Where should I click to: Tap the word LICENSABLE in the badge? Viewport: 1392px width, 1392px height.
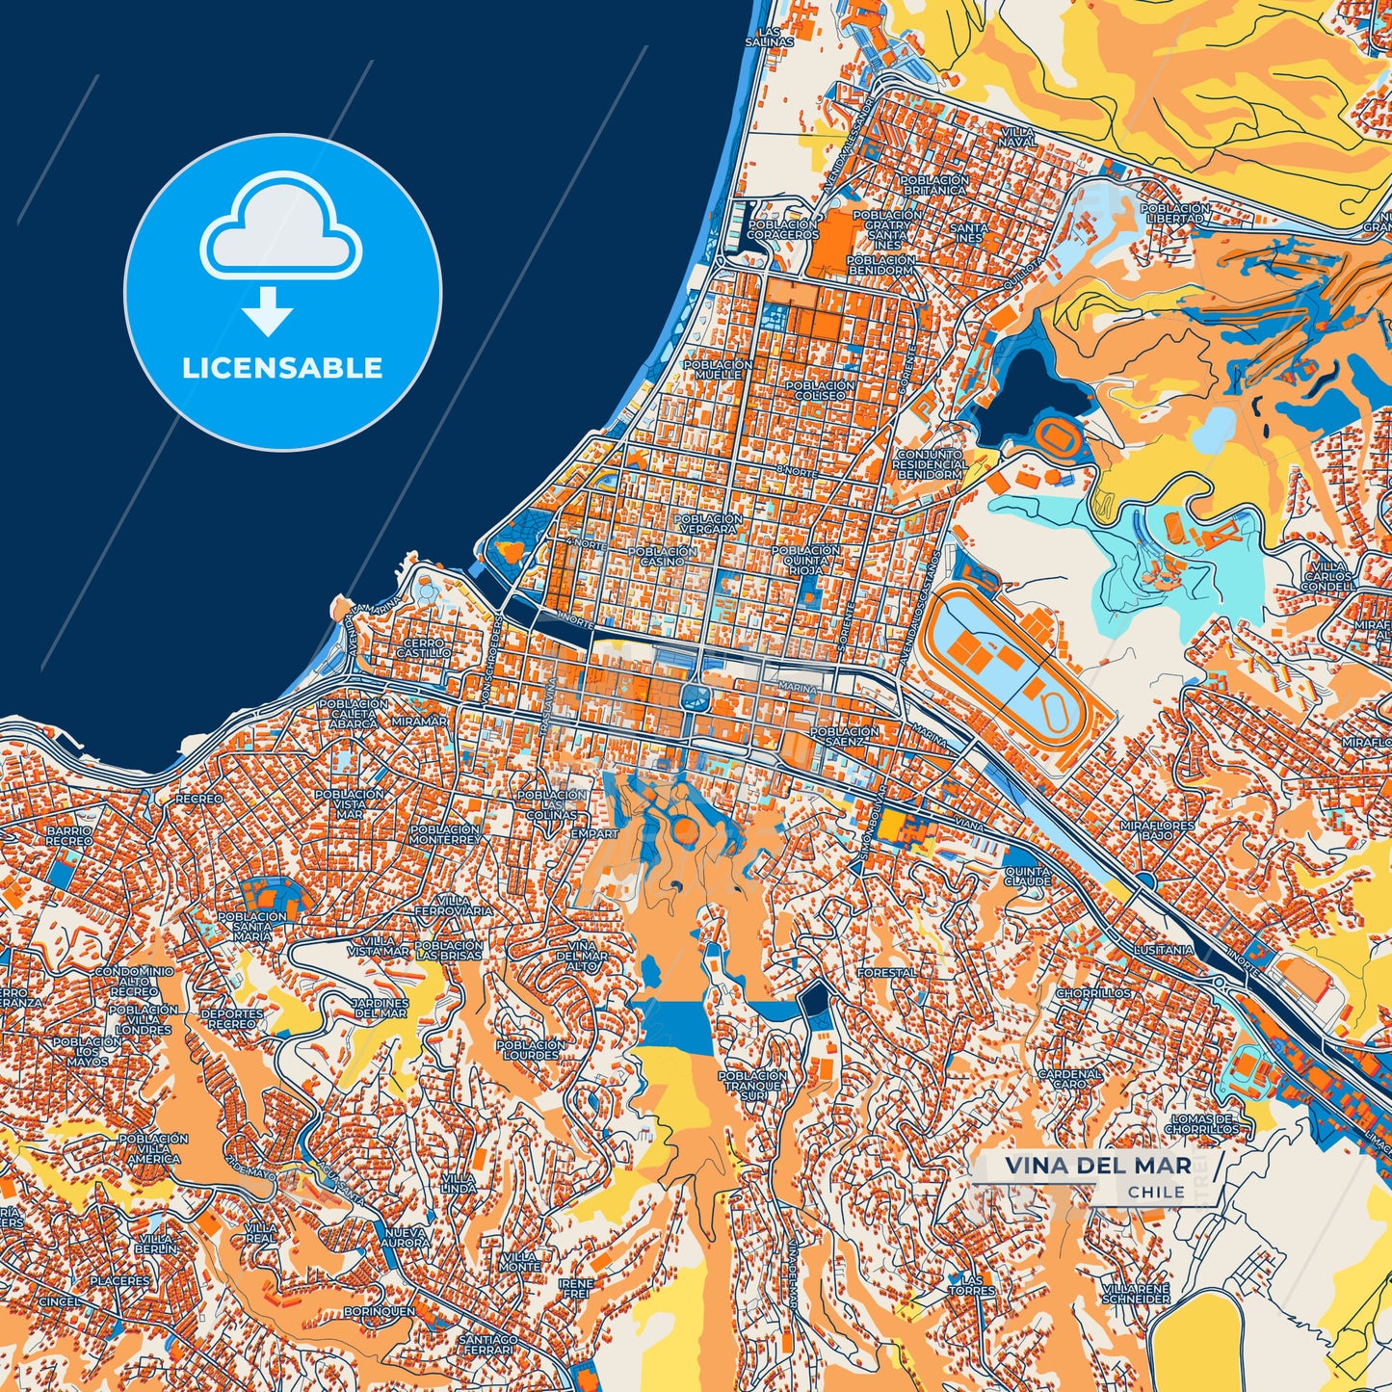[282, 368]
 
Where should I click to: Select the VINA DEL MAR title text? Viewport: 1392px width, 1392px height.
[1097, 1165]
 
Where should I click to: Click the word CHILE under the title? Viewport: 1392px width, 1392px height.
[1156, 1192]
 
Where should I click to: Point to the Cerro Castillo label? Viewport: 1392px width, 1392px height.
[424, 647]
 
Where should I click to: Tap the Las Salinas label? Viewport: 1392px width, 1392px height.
[769, 37]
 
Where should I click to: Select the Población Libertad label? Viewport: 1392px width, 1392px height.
[1174, 213]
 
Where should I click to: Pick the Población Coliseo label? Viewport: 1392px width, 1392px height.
[820, 390]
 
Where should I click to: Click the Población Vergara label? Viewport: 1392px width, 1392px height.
[709, 523]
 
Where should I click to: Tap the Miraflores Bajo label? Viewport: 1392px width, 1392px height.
[1156, 830]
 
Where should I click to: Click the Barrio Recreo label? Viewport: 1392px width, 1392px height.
[69, 835]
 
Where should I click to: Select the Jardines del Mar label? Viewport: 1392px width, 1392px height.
[381, 1008]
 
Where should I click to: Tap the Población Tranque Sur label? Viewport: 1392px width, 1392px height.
[753, 1086]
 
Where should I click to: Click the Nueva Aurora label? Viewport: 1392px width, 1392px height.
[407, 1237]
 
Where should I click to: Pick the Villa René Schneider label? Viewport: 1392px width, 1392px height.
[1138, 1294]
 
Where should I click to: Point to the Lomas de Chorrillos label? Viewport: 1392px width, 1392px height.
[1201, 1123]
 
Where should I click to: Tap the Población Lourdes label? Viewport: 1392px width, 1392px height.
[531, 1049]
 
